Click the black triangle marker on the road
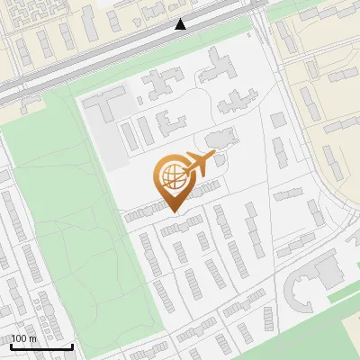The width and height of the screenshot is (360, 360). pos(181,24)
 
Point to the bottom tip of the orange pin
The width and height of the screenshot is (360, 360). pos(171,211)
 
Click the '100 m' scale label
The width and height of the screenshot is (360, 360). pos(23,338)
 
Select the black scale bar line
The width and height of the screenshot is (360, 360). pos(40,346)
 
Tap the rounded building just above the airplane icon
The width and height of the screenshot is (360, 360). pos(217,140)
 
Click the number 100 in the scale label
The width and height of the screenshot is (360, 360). pos(19,338)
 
